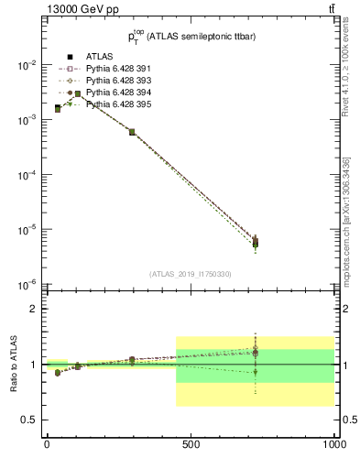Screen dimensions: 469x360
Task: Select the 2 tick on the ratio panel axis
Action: (x=35, y=309)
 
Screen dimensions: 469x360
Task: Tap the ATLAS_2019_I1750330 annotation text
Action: (x=191, y=274)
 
